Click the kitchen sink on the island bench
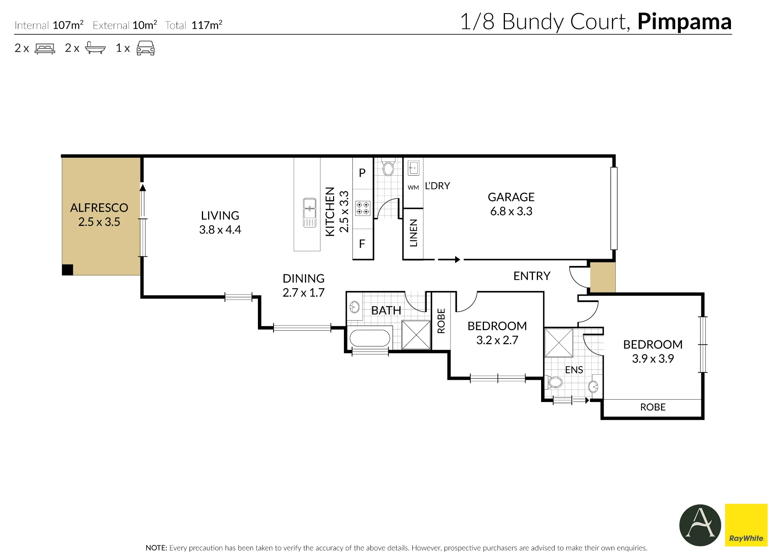[x=310, y=213]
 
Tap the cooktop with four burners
[x=363, y=208]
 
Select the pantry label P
[x=362, y=173]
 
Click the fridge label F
[x=362, y=244]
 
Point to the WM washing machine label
[x=413, y=188]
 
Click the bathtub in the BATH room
[x=370, y=338]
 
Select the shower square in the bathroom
[x=416, y=335]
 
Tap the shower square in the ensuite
[x=559, y=343]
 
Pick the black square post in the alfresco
[x=68, y=270]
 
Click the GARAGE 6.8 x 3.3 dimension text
[x=511, y=211]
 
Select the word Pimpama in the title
[x=684, y=22]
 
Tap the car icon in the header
[x=145, y=48]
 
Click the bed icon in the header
[x=45, y=48]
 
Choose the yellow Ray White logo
[x=746, y=525]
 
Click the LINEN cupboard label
[x=414, y=233]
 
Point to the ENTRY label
[x=532, y=276]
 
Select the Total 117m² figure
[x=194, y=25]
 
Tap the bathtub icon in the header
[x=95, y=48]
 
